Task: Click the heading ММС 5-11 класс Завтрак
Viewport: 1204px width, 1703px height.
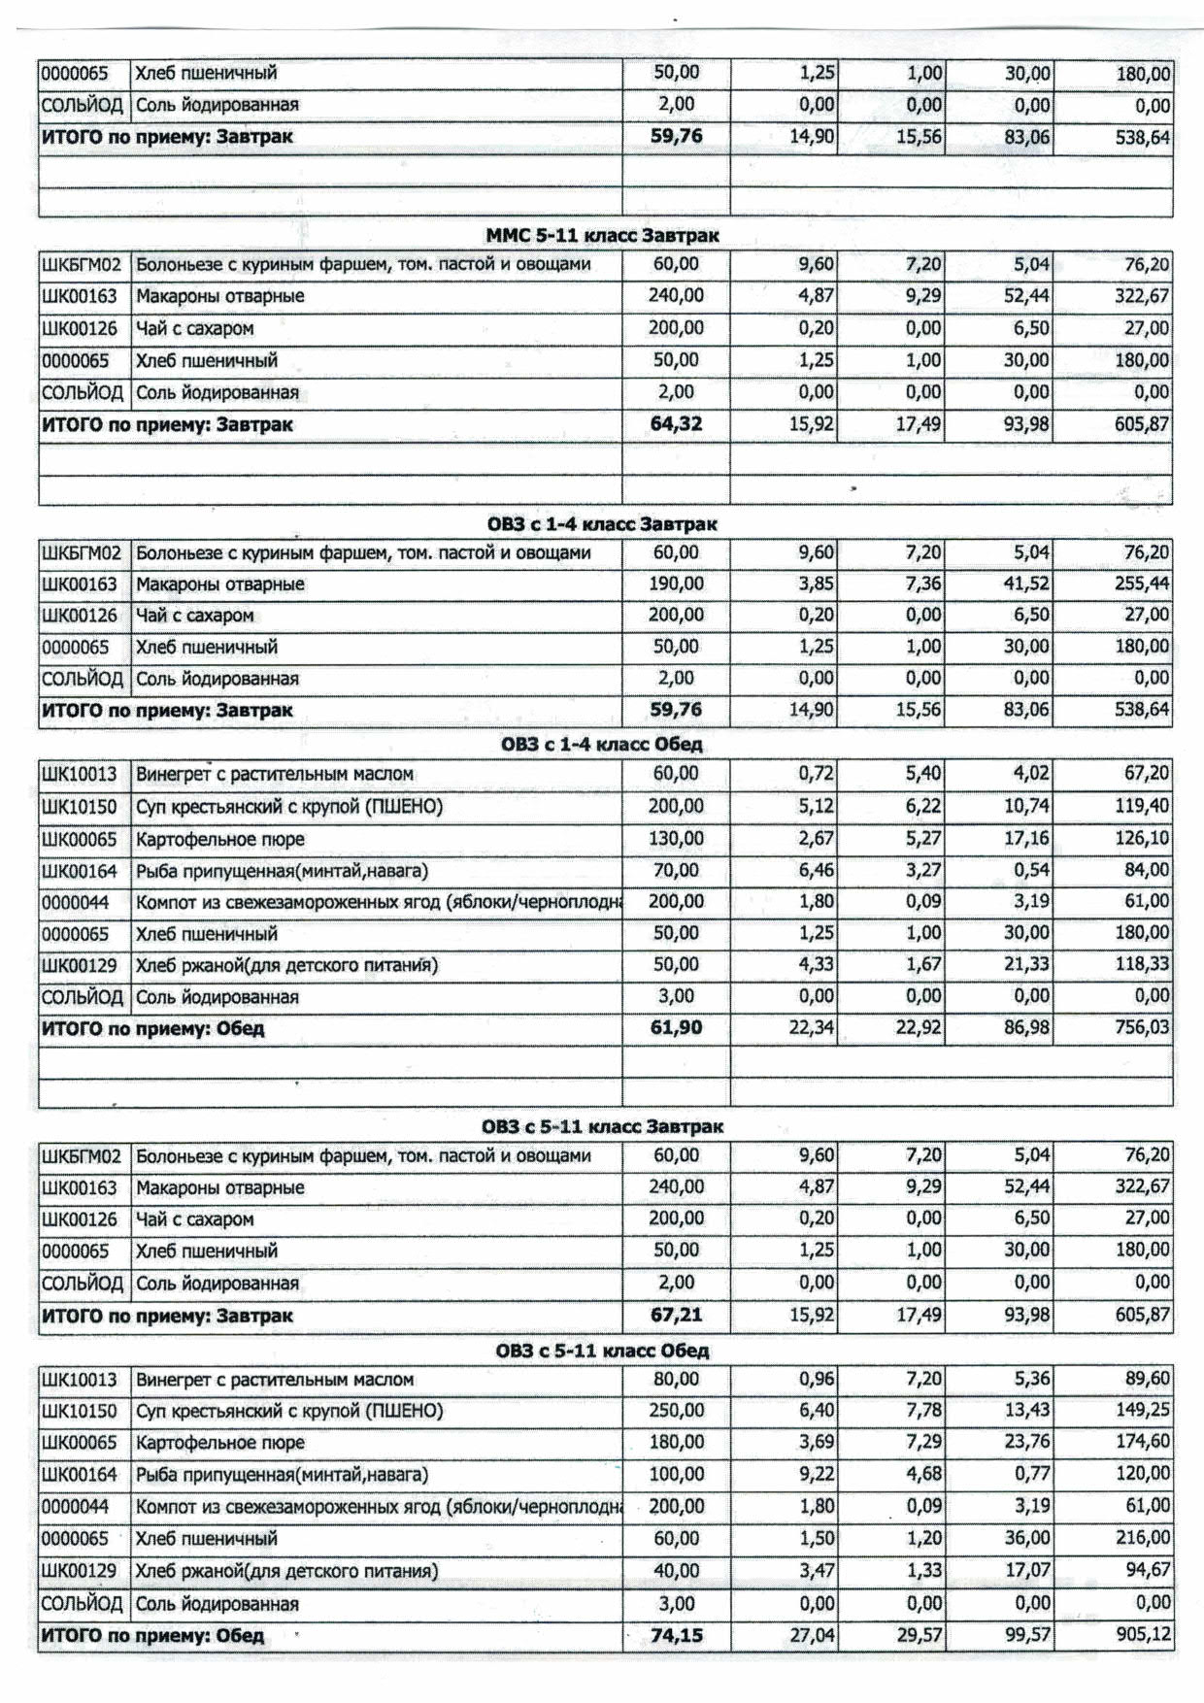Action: [x=602, y=236]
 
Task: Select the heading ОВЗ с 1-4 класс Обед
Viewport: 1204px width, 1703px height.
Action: [x=602, y=745]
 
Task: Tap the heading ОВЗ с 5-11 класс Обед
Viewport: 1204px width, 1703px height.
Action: [x=602, y=1351]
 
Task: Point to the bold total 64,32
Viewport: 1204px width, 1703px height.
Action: [x=676, y=424]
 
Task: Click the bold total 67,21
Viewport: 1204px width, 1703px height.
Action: [x=676, y=1316]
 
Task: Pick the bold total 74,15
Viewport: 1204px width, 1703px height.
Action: [x=676, y=1635]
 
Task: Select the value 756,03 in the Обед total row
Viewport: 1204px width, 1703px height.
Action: [x=1142, y=1027]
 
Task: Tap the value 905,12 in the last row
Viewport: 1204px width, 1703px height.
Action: [x=1142, y=1635]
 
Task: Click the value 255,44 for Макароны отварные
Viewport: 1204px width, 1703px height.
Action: [x=1142, y=584]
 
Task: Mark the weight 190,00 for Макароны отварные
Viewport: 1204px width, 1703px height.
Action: [x=676, y=584]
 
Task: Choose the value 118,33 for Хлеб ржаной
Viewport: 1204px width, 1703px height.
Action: [x=1142, y=965]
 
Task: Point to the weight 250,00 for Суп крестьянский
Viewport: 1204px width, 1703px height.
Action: [x=676, y=1411]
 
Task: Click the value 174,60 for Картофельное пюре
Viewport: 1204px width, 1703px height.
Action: [x=1142, y=1443]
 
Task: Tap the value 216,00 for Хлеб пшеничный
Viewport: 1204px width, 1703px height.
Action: [x=1142, y=1538]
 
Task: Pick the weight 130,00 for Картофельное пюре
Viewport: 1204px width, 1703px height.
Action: [x=676, y=839]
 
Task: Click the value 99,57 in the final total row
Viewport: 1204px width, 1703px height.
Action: [x=1027, y=1635]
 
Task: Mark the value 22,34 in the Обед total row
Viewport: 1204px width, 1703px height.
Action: [x=811, y=1027]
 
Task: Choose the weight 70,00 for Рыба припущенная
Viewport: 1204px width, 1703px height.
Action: [x=676, y=870]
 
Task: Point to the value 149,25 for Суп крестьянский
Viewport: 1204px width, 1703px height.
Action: [x=1142, y=1411]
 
